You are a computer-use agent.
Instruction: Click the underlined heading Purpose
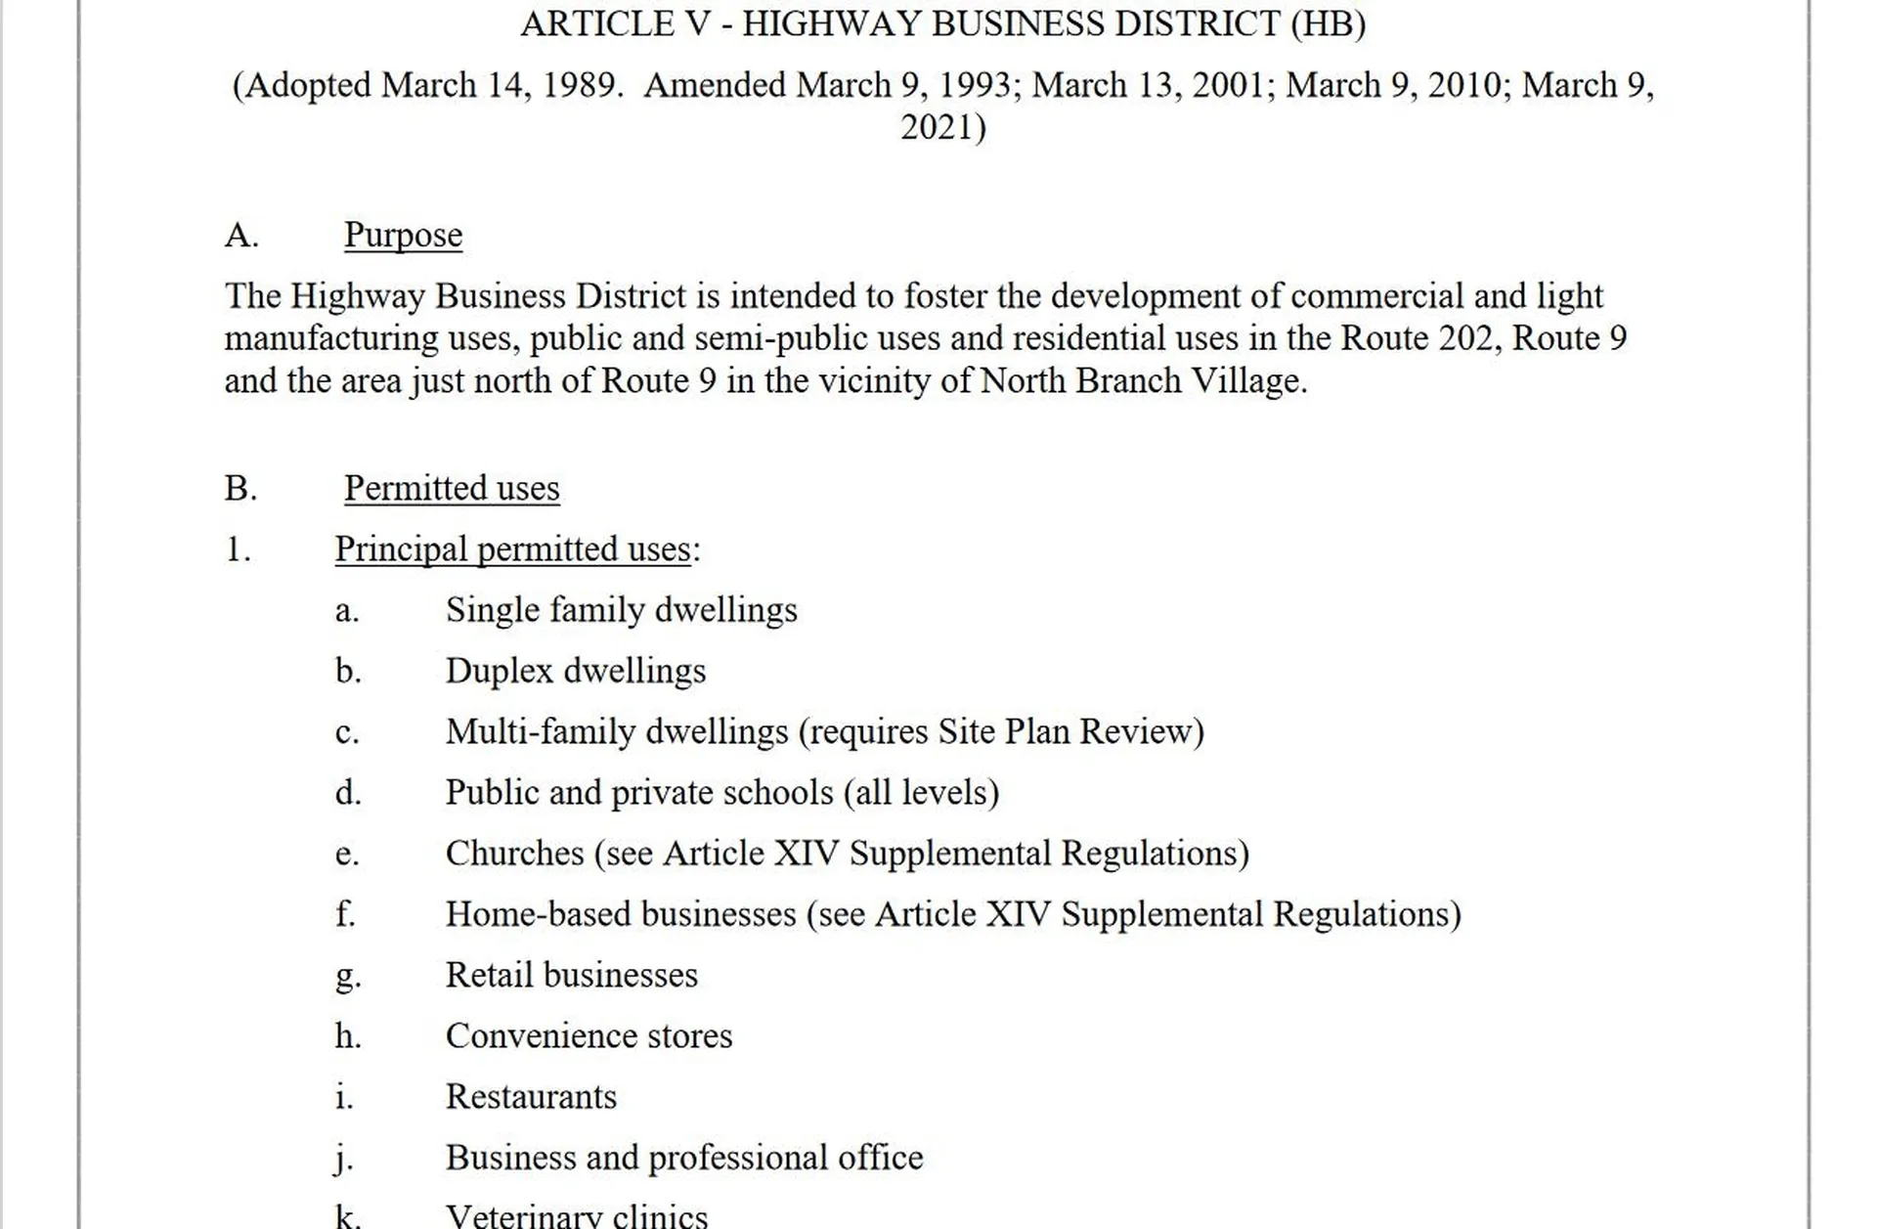(403, 236)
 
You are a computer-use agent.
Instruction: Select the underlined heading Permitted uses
(452, 488)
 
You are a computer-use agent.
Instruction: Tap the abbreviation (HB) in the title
(1328, 23)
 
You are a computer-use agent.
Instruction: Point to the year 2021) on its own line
(943, 127)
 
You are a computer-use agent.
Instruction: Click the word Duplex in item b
(500, 672)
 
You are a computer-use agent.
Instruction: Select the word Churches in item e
(514, 854)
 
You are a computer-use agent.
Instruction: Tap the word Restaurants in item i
(531, 1097)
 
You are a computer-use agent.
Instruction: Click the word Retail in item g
(489, 976)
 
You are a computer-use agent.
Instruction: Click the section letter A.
(240, 236)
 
